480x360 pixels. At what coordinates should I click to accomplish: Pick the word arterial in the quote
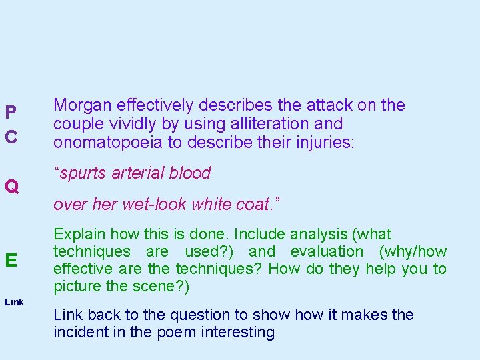coord(137,173)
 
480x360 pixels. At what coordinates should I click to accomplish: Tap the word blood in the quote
coord(189,173)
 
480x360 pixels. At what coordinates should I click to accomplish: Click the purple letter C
coord(11,137)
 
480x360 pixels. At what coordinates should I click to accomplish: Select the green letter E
coord(11,261)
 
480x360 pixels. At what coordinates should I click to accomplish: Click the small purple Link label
coord(13,303)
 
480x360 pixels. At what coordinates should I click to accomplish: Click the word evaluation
coord(324,252)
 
